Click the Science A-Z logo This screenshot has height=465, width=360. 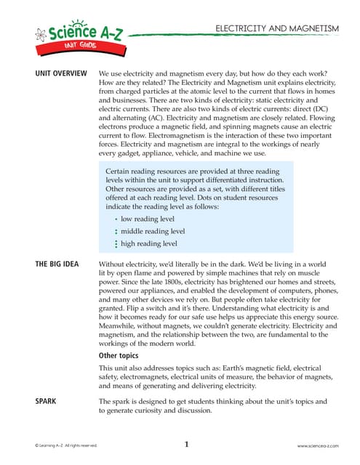pyautogui.click(x=73, y=32)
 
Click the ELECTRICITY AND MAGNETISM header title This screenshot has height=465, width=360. pyautogui.click(x=276, y=28)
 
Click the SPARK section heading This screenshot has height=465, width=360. pyautogui.click(x=47, y=401)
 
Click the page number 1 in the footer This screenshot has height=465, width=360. pyautogui.click(x=186, y=444)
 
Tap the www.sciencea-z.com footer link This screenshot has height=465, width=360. pyautogui.click(x=318, y=445)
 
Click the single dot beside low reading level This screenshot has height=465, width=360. pyautogui.click(x=116, y=219)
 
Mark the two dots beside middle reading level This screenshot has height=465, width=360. pyautogui.click(x=116, y=231)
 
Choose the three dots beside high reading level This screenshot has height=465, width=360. pyautogui.click(x=116, y=244)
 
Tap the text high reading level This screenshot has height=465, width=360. pyautogui.click(x=151, y=243)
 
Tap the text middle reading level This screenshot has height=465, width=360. pyautogui.click(x=153, y=231)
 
